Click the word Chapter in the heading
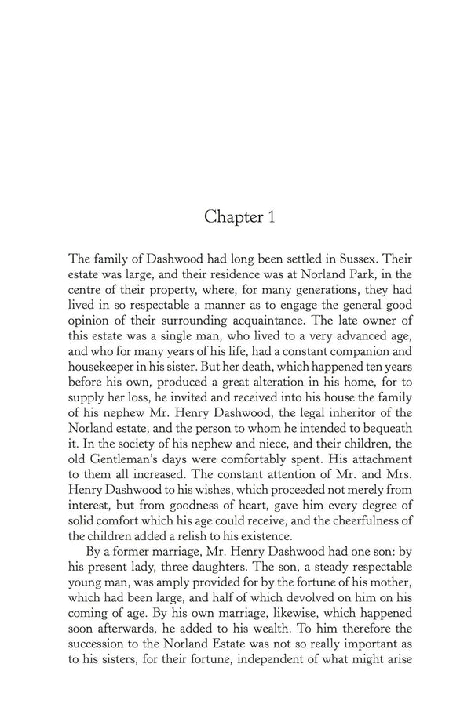(228, 217)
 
